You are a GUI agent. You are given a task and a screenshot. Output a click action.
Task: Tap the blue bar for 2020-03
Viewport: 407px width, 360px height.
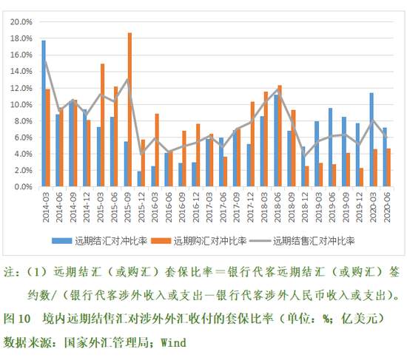coord(371,140)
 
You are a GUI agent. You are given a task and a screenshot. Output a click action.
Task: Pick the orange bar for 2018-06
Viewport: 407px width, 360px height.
coord(280,136)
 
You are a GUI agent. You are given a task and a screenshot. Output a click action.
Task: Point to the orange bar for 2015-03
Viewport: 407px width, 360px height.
coord(102,125)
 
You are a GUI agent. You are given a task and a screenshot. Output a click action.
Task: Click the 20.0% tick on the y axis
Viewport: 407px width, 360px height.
coord(20,21)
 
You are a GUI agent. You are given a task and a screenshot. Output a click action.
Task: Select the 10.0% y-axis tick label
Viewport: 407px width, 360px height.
coord(20,104)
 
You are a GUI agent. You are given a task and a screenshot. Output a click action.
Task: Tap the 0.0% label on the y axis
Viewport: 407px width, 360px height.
coord(22,187)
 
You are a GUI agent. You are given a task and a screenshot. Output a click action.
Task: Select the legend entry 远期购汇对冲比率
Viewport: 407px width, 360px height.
coord(215,241)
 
